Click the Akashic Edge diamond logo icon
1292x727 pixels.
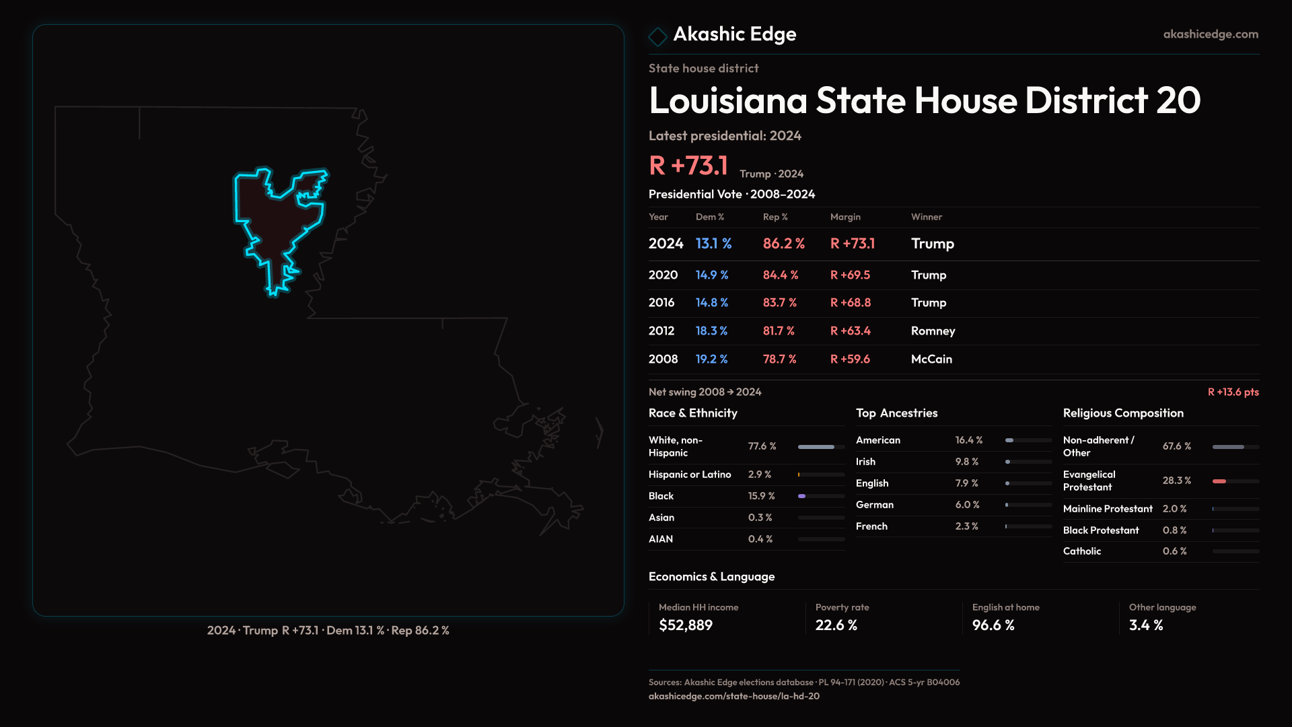click(x=657, y=36)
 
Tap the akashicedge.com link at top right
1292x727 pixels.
click(x=1210, y=34)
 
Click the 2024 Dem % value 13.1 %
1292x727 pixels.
click(x=713, y=244)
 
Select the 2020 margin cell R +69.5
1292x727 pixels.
click(x=850, y=275)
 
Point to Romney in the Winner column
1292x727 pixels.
click(x=933, y=331)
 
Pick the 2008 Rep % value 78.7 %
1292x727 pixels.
click(x=779, y=359)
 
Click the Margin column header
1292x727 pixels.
click(x=845, y=217)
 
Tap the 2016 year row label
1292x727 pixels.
click(x=661, y=303)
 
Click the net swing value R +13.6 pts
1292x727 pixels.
click(x=1233, y=392)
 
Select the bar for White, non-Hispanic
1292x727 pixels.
click(x=816, y=447)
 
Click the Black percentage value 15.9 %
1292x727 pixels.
click(x=761, y=496)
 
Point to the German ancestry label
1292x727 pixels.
click(x=874, y=505)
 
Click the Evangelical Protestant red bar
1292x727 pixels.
click(x=1219, y=481)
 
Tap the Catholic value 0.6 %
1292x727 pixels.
click(x=1174, y=551)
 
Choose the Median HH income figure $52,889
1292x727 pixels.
click(x=685, y=625)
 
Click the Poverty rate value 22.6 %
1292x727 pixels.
click(x=836, y=625)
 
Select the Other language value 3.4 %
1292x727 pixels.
click(x=1145, y=625)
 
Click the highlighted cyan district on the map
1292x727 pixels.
click(x=276, y=222)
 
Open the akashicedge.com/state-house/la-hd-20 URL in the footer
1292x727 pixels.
click(x=733, y=697)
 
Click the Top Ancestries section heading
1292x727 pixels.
click(x=896, y=413)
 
